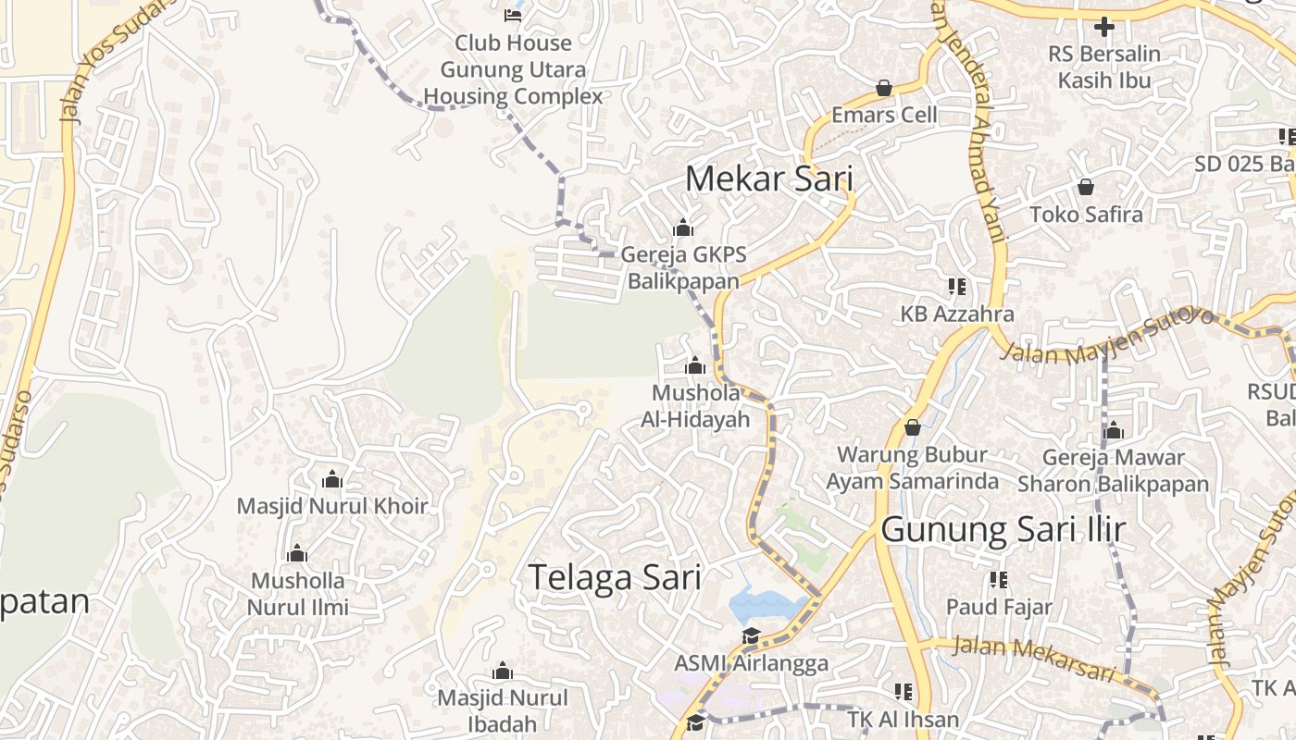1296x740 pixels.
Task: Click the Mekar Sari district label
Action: tap(768, 179)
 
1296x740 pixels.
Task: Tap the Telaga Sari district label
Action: tap(615, 577)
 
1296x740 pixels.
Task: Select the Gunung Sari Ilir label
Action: tap(1003, 530)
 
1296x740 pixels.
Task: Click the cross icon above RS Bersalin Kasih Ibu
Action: tap(1103, 27)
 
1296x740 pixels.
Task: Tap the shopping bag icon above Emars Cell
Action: tap(884, 89)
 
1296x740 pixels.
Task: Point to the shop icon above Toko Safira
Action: tap(1086, 188)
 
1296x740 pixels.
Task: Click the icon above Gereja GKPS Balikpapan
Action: tap(683, 228)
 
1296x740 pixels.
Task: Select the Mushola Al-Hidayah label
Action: tap(695, 406)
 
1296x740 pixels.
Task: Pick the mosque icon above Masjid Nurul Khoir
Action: tap(331, 479)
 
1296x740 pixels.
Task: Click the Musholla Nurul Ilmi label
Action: tap(298, 594)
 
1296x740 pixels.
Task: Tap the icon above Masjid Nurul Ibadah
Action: tap(502, 671)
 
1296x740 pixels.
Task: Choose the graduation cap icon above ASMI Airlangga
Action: tap(751, 636)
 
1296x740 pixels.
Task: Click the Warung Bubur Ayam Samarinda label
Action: tap(912, 468)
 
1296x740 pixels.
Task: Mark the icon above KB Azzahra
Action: tap(956, 287)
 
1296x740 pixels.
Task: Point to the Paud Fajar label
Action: tap(999, 607)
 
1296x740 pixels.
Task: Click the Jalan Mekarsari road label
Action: tap(1033, 658)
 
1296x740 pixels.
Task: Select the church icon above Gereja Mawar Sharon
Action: tap(1114, 430)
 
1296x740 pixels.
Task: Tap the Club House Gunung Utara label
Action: tap(513, 69)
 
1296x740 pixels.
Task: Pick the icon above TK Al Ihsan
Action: tap(903, 691)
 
